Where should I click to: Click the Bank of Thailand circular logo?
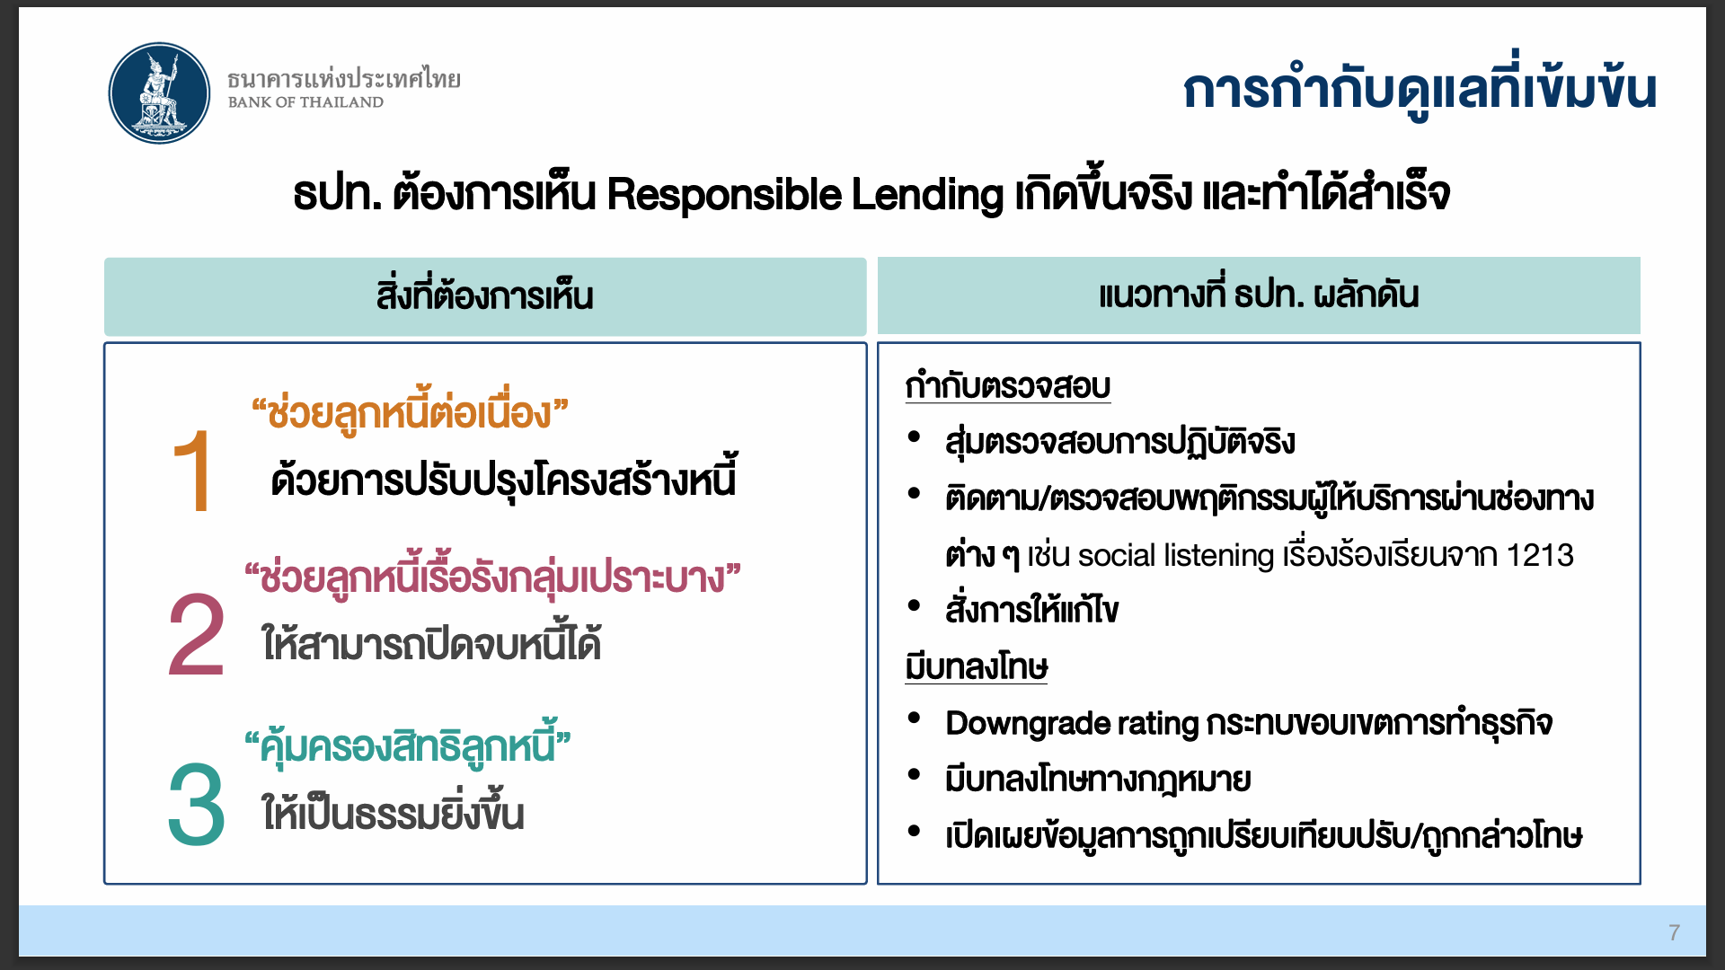click(159, 93)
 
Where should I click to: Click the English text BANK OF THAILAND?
click(305, 102)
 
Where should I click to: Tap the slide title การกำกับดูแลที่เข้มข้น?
click(1420, 88)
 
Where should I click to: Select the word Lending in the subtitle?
click(927, 194)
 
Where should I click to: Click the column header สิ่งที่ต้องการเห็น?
click(485, 295)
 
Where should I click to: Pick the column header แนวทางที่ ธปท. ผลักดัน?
click(1259, 294)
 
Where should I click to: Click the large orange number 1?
click(194, 471)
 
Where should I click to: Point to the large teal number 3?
click(196, 804)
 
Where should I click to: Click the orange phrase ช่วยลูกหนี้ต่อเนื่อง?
click(410, 412)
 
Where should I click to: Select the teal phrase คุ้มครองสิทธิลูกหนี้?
click(408, 745)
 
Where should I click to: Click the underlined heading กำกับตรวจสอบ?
click(1008, 385)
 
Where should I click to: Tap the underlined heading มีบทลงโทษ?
click(977, 666)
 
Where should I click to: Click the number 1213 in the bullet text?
click(1540, 555)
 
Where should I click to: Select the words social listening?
click(1176, 555)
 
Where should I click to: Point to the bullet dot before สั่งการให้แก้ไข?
click(915, 604)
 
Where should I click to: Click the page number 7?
click(1674, 932)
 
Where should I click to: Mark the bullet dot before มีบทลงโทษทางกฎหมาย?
click(915, 774)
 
